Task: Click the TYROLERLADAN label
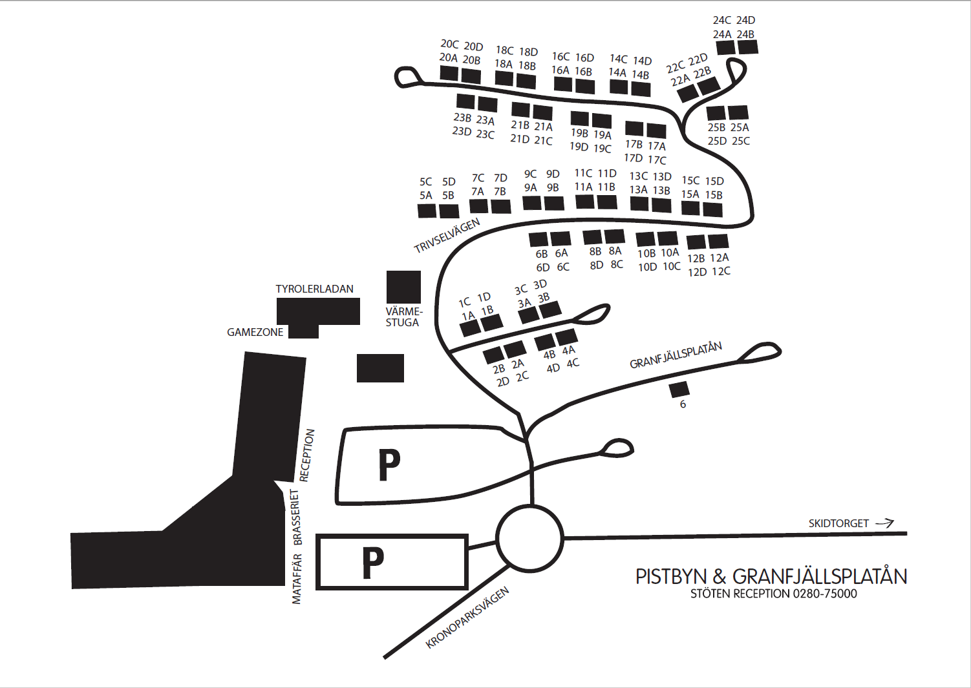(314, 289)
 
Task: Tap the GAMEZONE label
(255, 332)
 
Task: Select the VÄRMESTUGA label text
(403, 317)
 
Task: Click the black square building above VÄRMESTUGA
(403, 287)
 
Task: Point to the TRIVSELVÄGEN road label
(447, 235)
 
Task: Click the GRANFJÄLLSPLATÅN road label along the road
(676, 355)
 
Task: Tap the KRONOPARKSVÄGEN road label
(467, 618)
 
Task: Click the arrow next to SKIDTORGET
(884, 523)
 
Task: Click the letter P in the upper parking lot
(389, 465)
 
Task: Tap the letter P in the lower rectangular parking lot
(373, 563)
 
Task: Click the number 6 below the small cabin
(683, 404)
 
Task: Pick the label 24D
(745, 20)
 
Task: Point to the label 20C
(449, 44)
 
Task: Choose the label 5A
(425, 195)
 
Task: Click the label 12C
(721, 271)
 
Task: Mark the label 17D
(633, 158)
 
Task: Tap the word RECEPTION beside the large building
(307, 455)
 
